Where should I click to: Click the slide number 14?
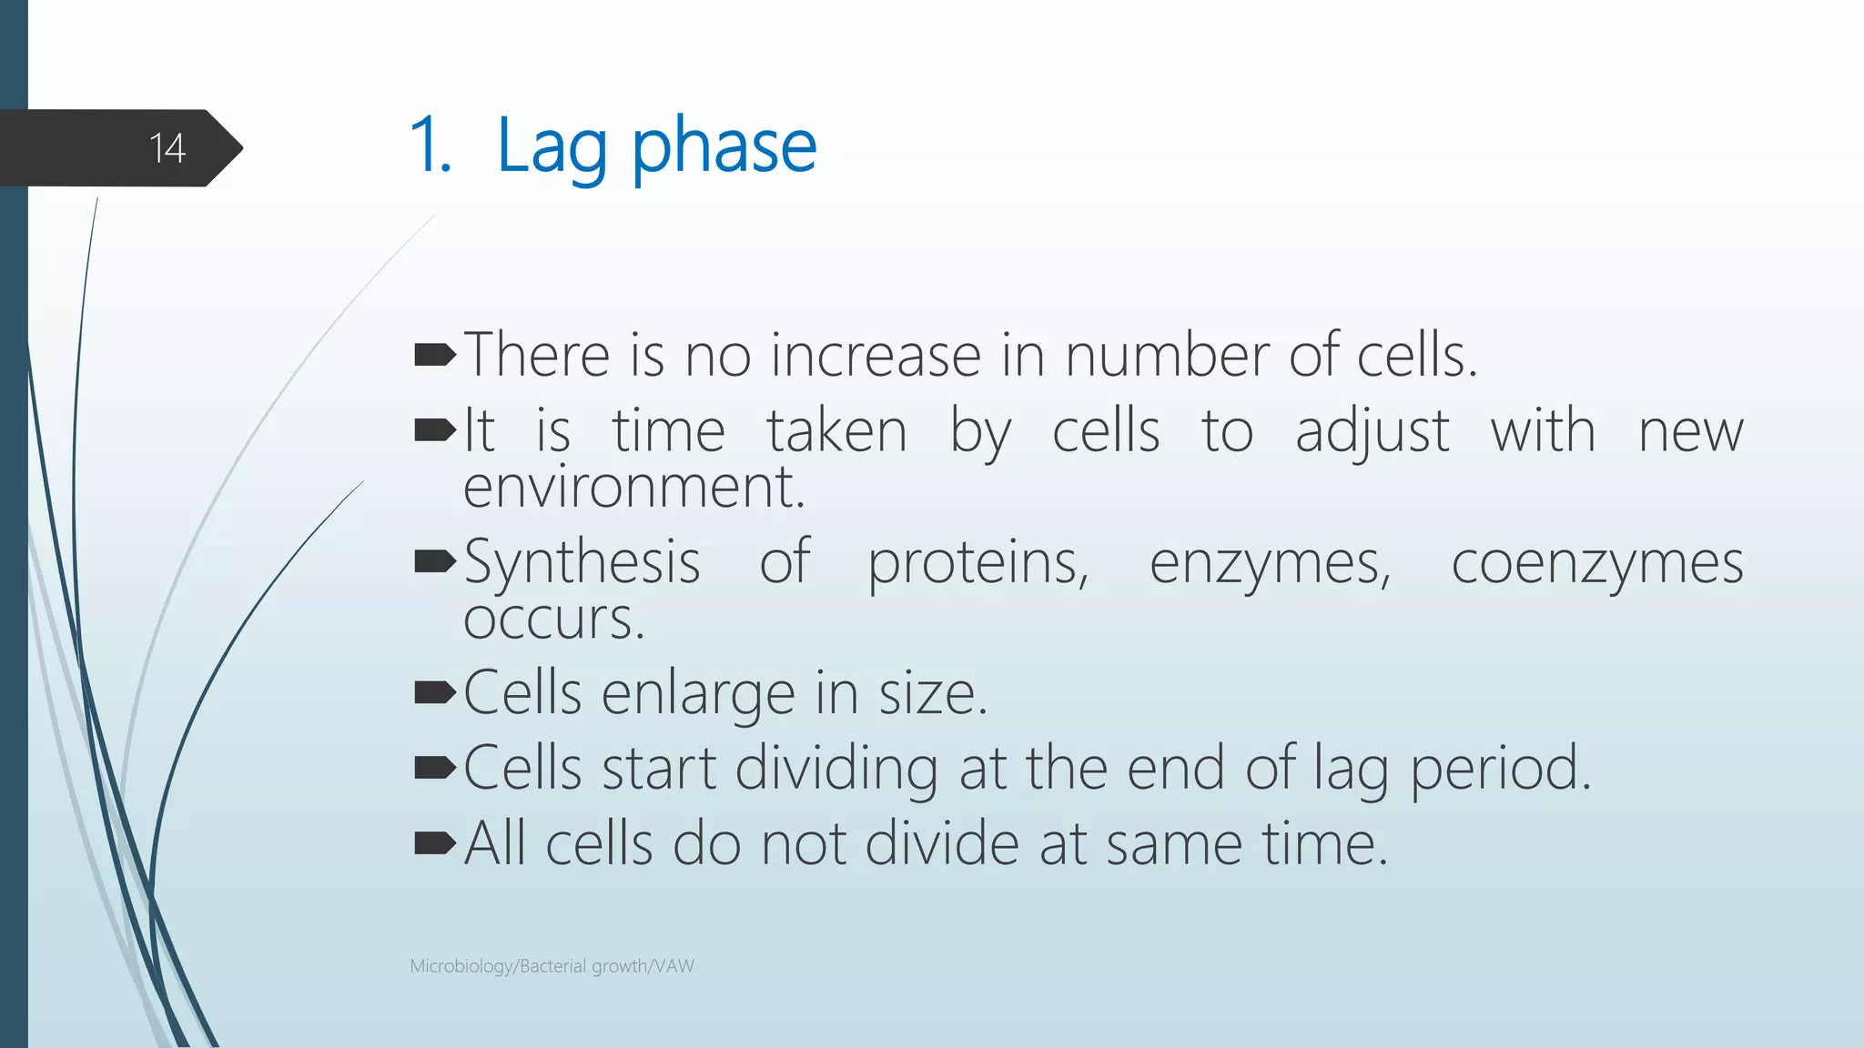pos(167,148)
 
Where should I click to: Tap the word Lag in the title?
pos(552,147)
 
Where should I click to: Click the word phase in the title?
pos(724,147)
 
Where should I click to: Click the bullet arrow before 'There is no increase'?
pos(435,355)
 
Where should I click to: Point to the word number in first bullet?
pos(1166,355)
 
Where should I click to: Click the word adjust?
pos(1372,432)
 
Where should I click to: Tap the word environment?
pos(633,488)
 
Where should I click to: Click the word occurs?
pos(553,620)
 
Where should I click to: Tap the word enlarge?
pos(698,694)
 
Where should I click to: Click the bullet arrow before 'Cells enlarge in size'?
pos(435,693)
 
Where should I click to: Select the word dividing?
pos(836,769)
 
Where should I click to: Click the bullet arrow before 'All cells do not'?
pos(435,844)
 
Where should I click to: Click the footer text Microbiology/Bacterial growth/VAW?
pos(552,966)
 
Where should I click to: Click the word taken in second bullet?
pos(836,431)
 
